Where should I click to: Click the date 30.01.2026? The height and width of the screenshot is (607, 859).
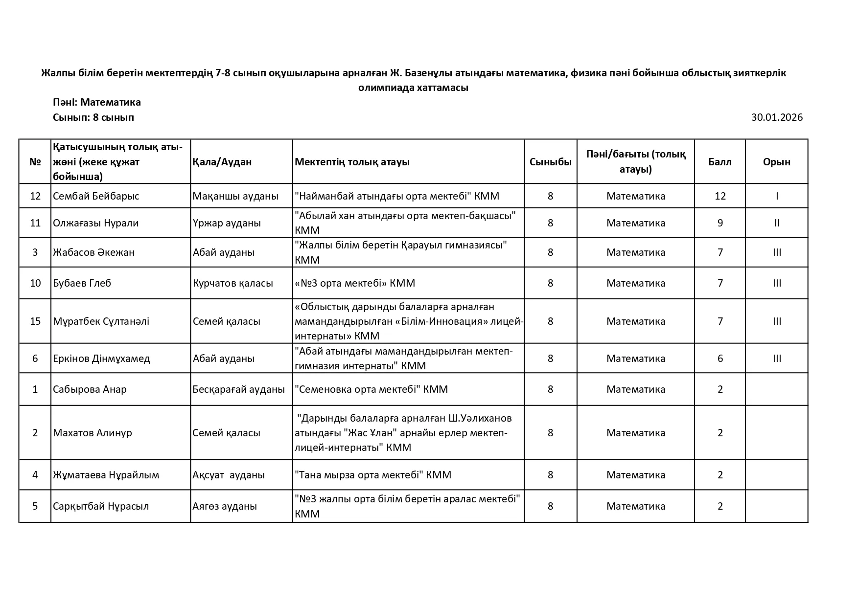pos(777,117)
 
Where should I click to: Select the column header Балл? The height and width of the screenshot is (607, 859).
pos(720,162)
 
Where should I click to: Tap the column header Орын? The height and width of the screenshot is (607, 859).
pos(776,162)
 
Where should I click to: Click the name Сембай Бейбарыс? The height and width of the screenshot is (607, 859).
pos(96,196)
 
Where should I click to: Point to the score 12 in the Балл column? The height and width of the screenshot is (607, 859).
pos(720,196)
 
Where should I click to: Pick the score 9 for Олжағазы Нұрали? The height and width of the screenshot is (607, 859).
pos(720,223)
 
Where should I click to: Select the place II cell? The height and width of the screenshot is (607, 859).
pos(777,223)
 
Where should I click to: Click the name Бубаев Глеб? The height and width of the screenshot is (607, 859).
pos(82,283)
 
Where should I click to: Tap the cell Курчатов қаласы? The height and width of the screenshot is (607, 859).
pos(232,283)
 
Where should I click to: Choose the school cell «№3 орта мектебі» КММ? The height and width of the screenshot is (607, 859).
pos(354,283)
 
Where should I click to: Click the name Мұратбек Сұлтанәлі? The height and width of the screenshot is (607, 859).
pos(101,321)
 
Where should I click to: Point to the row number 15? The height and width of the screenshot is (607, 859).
pos(35,321)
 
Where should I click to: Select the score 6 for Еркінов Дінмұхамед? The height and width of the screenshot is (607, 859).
pos(720,359)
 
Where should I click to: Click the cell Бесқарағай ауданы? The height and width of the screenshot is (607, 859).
pos(238,389)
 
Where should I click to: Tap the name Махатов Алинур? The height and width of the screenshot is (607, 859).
pos(92,433)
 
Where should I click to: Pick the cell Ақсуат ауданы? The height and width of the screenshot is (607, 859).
pos(229,475)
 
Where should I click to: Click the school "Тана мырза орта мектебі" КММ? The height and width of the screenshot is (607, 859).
pos(372,475)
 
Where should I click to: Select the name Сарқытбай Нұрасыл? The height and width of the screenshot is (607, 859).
pos(100,506)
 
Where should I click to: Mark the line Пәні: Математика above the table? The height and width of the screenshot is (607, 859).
pos(97,102)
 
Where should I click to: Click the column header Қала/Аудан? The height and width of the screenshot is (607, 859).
pos(222,162)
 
